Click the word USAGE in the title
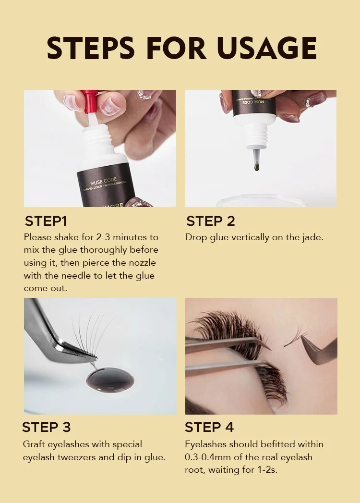(267, 48)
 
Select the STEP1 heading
(46, 221)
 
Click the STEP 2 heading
(211, 221)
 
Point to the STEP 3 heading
(47, 427)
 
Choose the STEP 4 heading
(209, 427)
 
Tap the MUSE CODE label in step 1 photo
(104, 182)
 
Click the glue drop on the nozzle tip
(256, 167)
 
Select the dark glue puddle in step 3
(110, 380)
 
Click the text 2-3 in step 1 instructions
(103, 237)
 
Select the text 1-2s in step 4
(267, 470)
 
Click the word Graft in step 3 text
(34, 444)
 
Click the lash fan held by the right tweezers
(294, 337)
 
